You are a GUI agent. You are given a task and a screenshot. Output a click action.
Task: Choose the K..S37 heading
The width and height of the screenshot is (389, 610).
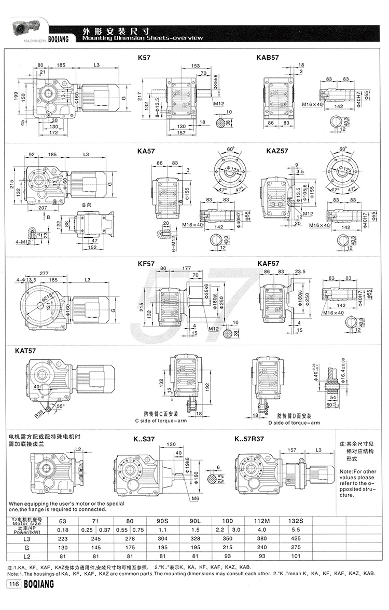click(144, 439)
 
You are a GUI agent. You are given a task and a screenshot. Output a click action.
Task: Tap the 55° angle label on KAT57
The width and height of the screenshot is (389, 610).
click(61, 406)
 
